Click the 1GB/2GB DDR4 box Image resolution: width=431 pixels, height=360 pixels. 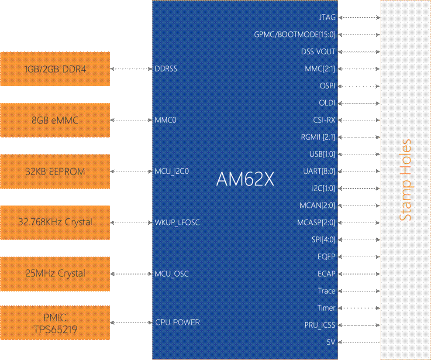[55, 69]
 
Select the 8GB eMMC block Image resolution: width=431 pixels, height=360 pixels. [55, 120]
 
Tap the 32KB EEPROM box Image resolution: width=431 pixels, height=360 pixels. [55, 171]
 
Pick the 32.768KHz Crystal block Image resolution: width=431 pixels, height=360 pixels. [55, 223]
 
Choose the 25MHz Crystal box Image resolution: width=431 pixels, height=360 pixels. [55, 274]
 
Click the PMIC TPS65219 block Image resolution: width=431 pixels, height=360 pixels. [55, 322]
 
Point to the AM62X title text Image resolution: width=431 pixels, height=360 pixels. [245, 179]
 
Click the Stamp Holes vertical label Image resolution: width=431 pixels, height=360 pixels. [405, 180]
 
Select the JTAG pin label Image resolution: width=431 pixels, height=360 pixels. [327, 17]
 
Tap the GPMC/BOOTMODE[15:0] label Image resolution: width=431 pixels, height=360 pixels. [295, 34]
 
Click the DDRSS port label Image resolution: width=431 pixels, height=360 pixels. [166, 69]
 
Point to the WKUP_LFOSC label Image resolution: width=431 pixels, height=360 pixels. [177, 223]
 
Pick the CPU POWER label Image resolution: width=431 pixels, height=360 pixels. [178, 322]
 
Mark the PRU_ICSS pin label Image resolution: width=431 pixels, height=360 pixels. [320, 325]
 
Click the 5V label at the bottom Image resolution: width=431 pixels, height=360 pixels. [331, 342]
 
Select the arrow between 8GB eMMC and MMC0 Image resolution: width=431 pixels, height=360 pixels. [131, 120]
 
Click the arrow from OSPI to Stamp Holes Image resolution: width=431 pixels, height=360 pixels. [359, 86]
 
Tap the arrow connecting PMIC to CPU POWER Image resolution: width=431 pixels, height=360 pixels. [131, 322]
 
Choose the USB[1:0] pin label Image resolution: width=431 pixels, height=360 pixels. [322, 154]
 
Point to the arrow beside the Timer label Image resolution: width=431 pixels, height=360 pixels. [359, 308]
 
